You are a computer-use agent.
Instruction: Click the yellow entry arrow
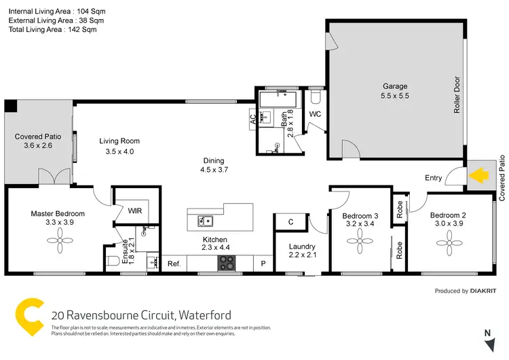click(x=478, y=177)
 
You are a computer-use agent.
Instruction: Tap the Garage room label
click(x=394, y=86)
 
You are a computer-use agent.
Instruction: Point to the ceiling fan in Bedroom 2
click(x=448, y=240)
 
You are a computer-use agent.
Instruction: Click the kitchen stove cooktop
click(x=226, y=262)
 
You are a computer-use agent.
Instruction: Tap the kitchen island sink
click(x=204, y=220)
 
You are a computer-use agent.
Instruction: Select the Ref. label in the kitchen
click(x=174, y=264)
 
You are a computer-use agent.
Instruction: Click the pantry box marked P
click(x=263, y=264)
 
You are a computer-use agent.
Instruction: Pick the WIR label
click(x=135, y=211)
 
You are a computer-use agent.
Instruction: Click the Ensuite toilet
click(x=114, y=260)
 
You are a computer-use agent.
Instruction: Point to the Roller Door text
click(x=457, y=94)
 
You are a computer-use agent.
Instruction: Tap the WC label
click(x=315, y=115)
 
